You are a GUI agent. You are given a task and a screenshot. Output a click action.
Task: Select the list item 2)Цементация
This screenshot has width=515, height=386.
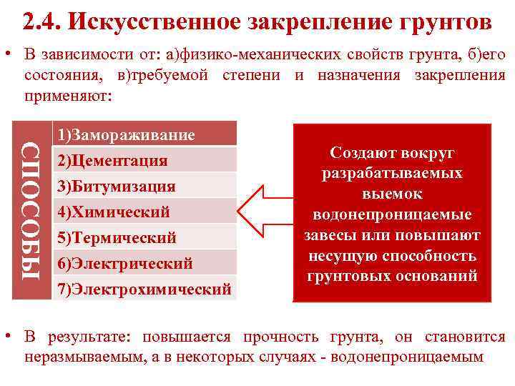113,161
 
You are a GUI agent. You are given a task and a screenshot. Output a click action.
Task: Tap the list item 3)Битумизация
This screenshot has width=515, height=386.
117,187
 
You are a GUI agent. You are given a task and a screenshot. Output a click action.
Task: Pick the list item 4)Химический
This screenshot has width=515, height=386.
114,212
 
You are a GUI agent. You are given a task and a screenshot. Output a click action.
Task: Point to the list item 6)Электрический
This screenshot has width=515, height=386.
125,264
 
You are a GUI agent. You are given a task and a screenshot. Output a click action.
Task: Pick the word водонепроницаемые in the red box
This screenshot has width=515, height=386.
392,214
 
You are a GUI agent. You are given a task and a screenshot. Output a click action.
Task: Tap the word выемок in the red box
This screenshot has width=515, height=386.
392,194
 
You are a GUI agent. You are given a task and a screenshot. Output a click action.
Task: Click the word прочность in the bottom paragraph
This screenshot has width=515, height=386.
283,337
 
